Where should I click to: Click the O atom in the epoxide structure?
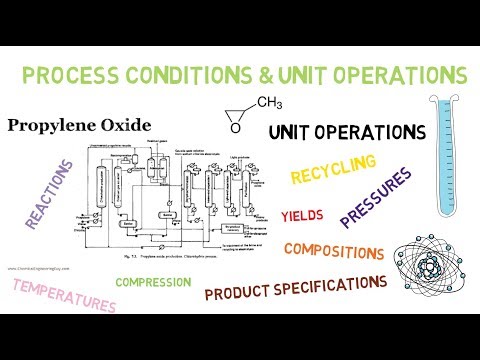tap(234, 127)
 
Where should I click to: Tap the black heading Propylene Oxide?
tap(79, 125)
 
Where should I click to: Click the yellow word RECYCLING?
tap(333, 169)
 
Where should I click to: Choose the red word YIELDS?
tap(302, 215)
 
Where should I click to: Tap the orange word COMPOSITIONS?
tap(333, 250)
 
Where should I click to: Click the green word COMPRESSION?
tap(153, 282)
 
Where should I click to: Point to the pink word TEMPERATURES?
tap(65, 295)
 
